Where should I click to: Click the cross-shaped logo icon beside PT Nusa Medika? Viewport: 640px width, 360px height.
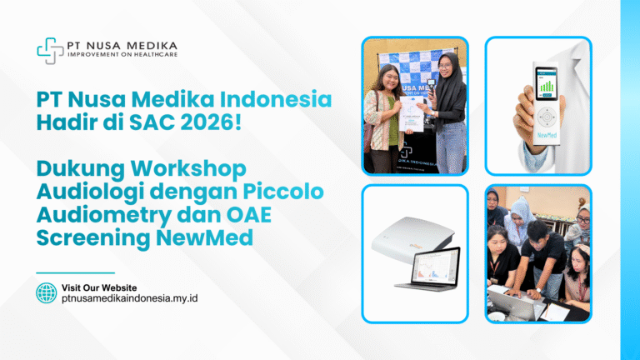[50, 50]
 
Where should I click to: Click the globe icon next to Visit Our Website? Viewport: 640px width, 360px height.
[47, 292]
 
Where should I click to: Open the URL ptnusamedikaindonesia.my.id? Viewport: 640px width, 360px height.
[129, 298]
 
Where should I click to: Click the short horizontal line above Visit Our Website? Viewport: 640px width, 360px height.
[75, 272]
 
